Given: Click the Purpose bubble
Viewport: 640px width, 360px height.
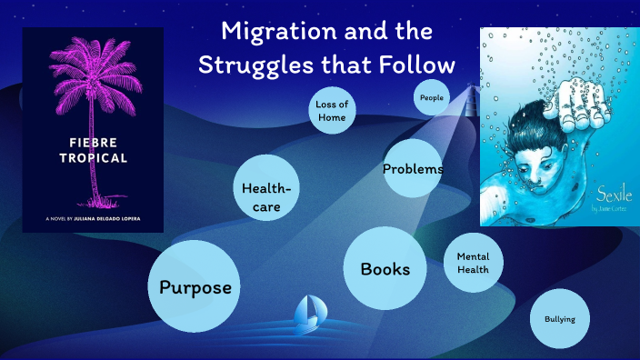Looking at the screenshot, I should point(194,287).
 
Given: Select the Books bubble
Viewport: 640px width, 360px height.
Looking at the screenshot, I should point(385,268).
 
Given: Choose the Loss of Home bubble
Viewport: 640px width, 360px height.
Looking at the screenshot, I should point(332,111).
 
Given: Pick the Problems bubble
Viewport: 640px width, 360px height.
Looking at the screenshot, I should point(412,168).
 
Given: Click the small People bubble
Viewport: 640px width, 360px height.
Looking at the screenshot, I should point(432,97).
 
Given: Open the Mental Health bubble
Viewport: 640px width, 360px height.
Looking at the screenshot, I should point(473,264).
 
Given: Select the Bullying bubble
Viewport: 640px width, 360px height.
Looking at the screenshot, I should point(559,319).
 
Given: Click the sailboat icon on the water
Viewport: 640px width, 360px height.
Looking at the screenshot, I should point(310,312).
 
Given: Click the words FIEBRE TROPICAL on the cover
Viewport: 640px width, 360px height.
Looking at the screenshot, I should point(91,149).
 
